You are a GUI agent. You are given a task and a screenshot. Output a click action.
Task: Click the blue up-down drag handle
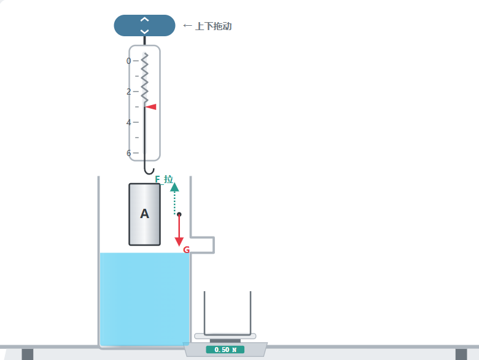click(144, 25)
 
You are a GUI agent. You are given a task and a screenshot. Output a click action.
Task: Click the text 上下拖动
click(213, 26)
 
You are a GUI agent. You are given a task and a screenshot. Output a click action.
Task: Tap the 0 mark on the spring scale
click(128, 61)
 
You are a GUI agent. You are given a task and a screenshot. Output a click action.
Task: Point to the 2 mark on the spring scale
click(128, 92)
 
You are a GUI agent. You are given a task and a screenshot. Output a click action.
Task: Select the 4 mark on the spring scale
click(128, 122)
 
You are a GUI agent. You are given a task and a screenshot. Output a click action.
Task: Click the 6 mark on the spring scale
click(128, 153)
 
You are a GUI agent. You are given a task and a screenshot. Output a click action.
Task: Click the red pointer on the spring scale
click(150, 107)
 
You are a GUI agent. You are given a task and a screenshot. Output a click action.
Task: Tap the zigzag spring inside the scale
click(145, 79)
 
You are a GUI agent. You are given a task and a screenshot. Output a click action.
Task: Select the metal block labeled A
click(144, 214)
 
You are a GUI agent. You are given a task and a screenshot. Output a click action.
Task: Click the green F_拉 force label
click(164, 179)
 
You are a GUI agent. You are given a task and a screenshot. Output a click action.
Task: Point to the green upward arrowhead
click(174, 187)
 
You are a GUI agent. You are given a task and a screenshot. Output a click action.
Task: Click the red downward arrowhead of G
click(179, 241)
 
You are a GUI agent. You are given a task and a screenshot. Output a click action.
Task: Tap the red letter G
click(186, 249)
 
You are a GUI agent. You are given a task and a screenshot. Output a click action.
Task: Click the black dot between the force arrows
click(179, 214)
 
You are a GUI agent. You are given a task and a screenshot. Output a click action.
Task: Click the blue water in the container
click(144, 299)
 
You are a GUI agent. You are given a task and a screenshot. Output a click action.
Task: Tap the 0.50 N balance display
click(225, 350)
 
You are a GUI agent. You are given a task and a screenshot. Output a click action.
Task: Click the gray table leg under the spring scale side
click(28, 354)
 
